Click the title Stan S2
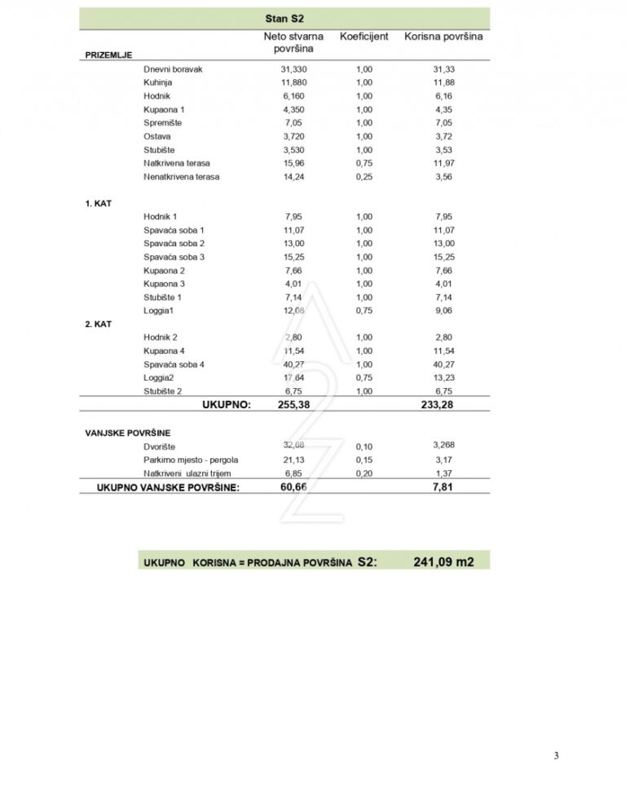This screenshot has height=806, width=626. (x=284, y=18)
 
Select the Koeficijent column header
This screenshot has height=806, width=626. (x=364, y=37)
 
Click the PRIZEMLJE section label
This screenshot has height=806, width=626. (x=108, y=55)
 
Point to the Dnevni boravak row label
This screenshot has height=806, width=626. (x=173, y=69)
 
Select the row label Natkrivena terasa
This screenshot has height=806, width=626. (x=177, y=163)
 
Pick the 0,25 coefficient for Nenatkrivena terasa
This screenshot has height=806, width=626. (x=364, y=176)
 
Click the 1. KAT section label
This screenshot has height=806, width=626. (x=99, y=203)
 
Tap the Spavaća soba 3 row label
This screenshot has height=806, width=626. (x=174, y=257)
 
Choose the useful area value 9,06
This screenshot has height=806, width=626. (x=443, y=311)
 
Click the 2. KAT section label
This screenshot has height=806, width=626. (x=99, y=324)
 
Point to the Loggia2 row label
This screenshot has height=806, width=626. (x=161, y=377)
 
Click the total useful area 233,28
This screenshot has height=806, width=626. (x=443, y=405)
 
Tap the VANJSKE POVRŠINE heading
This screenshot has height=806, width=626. (x=128, y=433)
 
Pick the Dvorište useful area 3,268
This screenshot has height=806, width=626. (x=443, y=445)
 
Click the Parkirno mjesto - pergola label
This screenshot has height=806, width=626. (x=191, y=460)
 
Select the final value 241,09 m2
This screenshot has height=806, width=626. (x=443, y=562)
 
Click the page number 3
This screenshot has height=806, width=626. (x=556, y=755)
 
